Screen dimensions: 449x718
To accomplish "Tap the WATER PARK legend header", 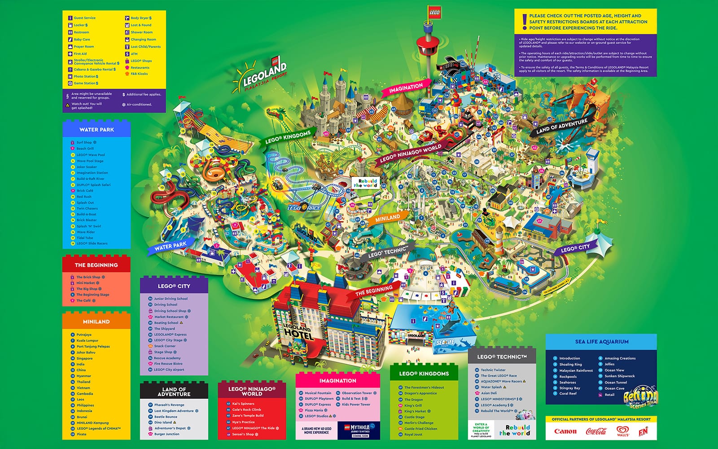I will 96,129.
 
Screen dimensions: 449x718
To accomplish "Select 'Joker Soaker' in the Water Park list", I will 87,167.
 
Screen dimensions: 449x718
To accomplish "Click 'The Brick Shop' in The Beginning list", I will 88,277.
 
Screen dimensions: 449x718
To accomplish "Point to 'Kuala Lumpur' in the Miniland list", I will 87,340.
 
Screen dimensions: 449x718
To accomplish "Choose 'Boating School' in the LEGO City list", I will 166,322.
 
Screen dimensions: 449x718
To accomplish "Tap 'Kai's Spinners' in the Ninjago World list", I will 243,404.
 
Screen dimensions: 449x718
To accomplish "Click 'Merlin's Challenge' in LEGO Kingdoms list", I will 419,423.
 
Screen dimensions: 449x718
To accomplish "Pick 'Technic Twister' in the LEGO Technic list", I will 493,370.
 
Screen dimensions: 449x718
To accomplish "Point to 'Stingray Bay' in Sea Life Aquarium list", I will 569,388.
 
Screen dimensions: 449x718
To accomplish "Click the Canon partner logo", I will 565,431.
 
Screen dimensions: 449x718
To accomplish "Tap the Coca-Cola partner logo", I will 596,431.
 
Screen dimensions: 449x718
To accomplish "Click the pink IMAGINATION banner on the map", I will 406,88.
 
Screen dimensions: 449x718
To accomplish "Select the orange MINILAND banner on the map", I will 387,218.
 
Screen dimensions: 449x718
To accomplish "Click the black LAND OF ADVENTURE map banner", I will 561,127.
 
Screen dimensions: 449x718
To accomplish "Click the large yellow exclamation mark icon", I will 524,21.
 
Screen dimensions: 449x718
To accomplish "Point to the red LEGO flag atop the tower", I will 434,13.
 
